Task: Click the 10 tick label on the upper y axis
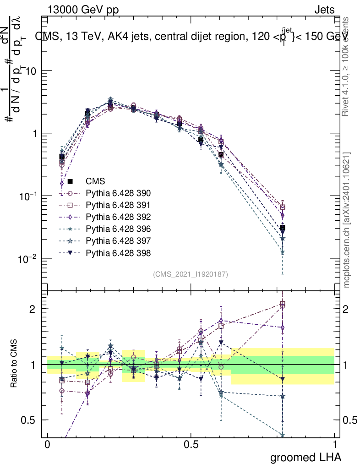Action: click(x=32, y=71)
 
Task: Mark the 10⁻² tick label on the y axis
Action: click(x=28, y=259)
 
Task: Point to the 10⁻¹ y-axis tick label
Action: click(x=28, y=196)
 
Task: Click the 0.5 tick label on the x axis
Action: click(x=191, y=445)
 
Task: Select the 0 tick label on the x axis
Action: click(x=47, y=445)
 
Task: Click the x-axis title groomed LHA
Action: click(x=305, y=457)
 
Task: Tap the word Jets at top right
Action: click(x=324, y=10)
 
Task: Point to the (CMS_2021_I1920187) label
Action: click(x=191, y=274)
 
